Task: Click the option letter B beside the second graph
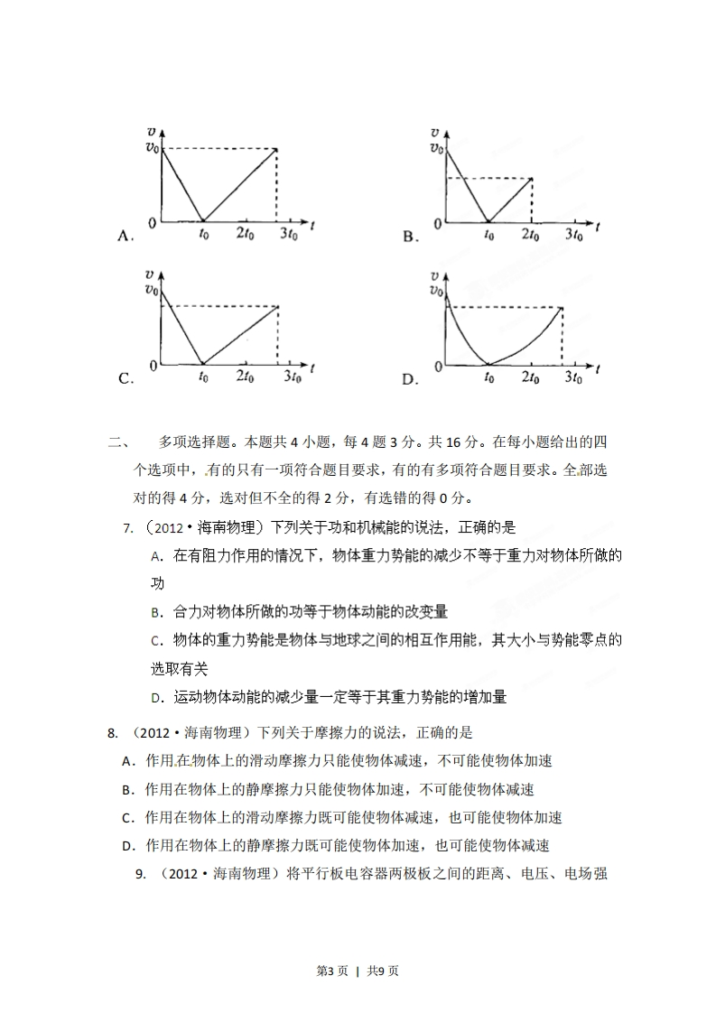click(408, 237)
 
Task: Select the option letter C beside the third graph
click(126, 379)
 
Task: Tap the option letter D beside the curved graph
click(409, 380)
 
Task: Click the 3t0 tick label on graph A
click(288, 235)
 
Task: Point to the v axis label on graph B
click(436, 132)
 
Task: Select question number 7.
click(126, 527)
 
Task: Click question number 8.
click(112, 733)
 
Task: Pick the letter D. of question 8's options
click(128, 846)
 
